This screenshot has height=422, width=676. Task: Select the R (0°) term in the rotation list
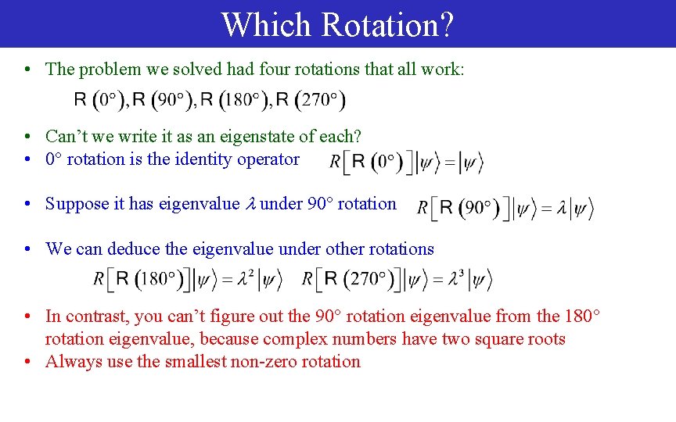pos(101,99)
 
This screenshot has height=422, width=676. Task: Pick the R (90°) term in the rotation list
pos(164,99)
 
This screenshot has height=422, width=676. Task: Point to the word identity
pos(176,159)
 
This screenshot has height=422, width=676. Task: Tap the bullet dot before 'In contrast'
pos(27,317)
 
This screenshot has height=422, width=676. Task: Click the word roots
pos(545,339)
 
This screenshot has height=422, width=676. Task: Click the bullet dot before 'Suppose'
pos(27,205)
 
